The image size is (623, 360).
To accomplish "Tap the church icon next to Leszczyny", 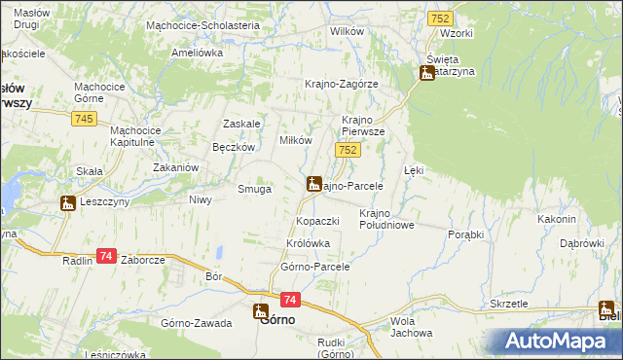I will click(x=67, y=203).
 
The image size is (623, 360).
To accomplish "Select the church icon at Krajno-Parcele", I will click(x=314, y=183).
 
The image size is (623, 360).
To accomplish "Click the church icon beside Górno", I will click(x=261, y=311).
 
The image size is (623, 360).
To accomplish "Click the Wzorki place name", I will click(x=456, y=33).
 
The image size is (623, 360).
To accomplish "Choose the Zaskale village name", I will click(x=241, y=124).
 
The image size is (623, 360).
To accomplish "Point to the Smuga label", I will click(x=255, y=189).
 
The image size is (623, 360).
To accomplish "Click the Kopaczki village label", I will click(x=316, y=221).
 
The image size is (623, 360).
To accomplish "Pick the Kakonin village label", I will click(x=556, y=220).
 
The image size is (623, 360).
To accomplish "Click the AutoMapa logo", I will click(x=560, y=341).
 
